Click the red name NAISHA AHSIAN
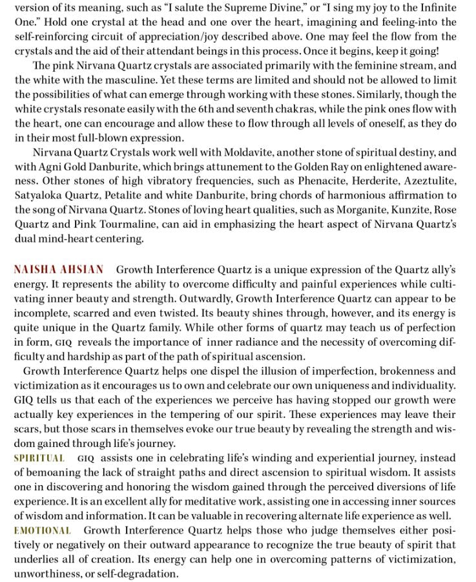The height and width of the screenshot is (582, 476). coord(58,269)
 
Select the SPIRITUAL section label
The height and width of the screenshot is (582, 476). coord(39,458)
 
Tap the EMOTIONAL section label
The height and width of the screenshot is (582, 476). coord(43,530)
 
